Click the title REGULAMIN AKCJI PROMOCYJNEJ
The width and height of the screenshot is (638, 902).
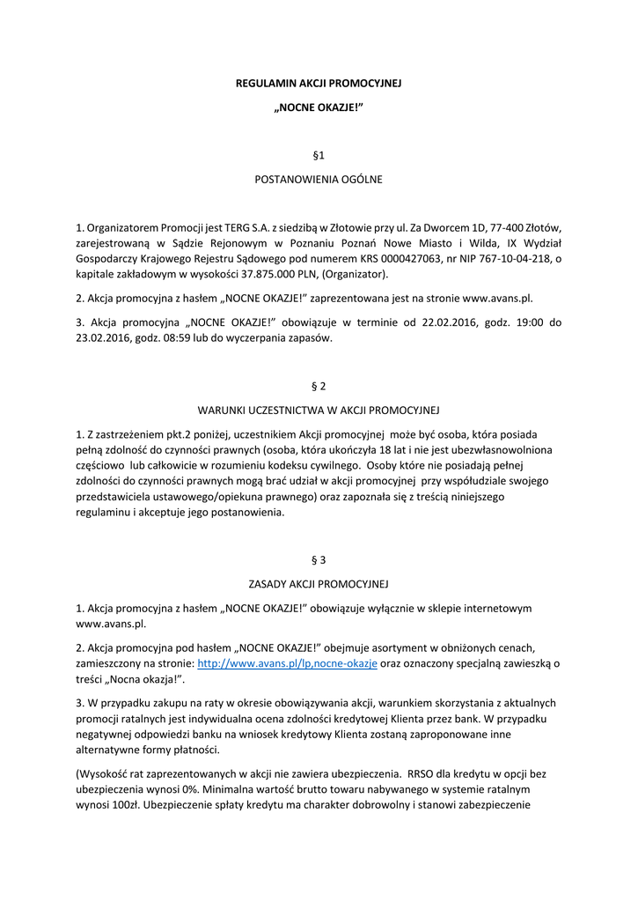tap(319, 83)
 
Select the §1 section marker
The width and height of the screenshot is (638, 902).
tap(319, 155)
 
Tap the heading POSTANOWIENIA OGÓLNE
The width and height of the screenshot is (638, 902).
tap(319, 179)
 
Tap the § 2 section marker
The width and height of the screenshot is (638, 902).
tap(319, 386)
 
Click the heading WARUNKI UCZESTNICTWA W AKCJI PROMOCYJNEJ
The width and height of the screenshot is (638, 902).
tap(319, 410)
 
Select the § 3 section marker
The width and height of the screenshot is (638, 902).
tap(319, 559)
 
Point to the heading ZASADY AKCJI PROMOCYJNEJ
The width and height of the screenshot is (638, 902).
tap(319, 583)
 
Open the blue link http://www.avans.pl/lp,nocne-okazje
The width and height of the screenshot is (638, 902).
tap(287, 663)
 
